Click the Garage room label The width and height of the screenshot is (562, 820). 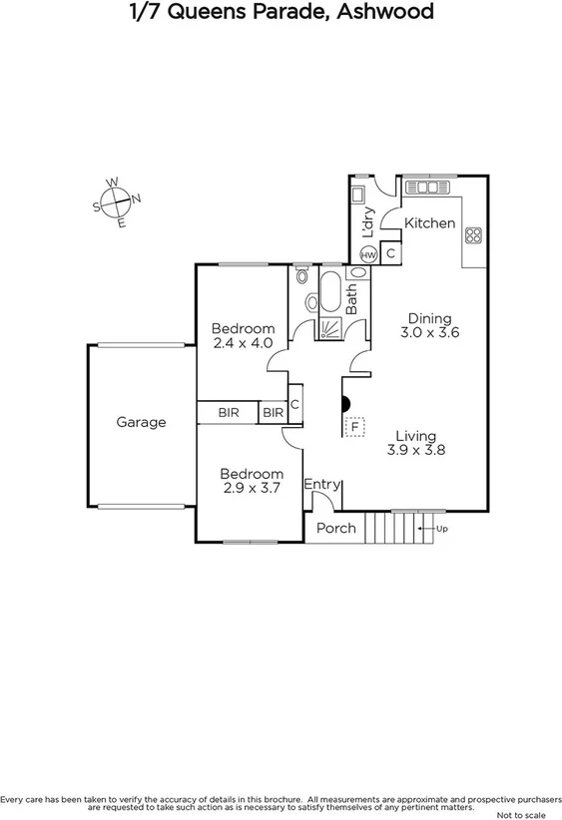click(141, 422)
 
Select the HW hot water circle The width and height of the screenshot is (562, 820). click(368, 254)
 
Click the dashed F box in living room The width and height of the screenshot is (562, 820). click(352, 427)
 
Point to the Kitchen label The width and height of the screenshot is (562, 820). click(429, 223)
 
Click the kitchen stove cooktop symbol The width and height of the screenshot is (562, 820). click(473, 237)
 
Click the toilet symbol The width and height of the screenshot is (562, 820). click(301, 274)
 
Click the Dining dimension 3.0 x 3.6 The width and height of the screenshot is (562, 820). click(429, 333)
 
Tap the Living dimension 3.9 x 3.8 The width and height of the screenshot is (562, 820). click(415, 450)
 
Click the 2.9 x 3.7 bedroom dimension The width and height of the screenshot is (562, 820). click(252, 488)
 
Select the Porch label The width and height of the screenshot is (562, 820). click(336, 528)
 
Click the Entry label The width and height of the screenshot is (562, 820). click(321, 484)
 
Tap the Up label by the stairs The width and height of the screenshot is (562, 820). click(441, 529)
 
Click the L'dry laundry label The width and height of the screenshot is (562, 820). click(367, 218)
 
